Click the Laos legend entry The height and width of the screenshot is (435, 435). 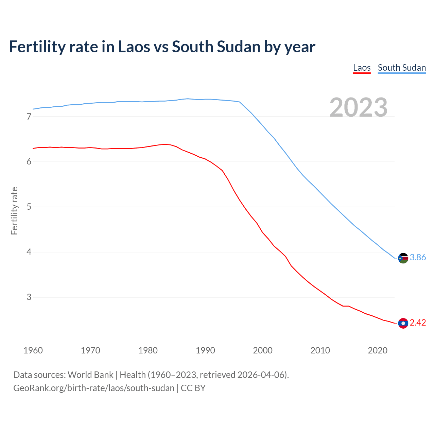click(362, 68)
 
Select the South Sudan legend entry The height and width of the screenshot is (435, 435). click(402, 68)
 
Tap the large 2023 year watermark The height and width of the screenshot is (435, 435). click(359, 107)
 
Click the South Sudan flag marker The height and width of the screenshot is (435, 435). click(403, 258)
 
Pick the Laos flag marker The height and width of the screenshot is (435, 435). click(403, 323)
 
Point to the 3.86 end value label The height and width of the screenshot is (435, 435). click(418, 258)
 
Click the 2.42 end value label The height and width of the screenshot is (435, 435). click(418, 323)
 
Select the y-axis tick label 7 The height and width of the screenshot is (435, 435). click(29, 117)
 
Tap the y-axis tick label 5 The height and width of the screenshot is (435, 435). click(29, 207)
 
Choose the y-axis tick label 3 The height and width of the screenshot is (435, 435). click(29, 297)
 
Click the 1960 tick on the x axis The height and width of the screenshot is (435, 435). click(33, 350)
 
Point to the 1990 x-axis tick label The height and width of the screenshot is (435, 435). click(205, 350)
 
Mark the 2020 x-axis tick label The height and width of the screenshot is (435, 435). click(378, 350)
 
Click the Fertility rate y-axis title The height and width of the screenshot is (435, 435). click(14, 211)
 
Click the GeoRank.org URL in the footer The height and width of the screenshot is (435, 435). click(94, 388)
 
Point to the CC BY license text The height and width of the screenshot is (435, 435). click(193, 388)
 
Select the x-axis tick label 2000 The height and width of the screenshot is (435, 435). click(263, 350)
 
